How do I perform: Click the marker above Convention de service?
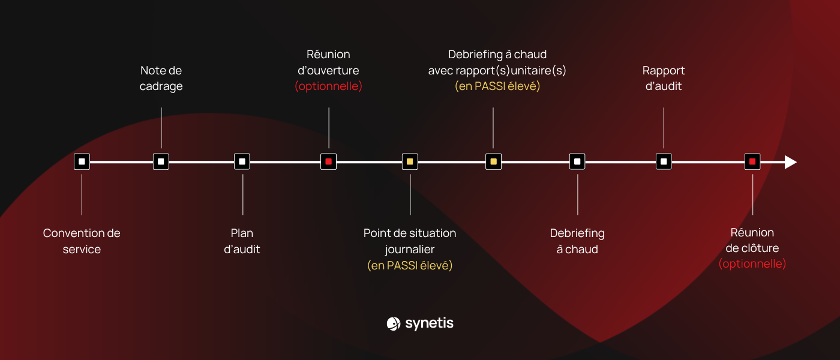82,161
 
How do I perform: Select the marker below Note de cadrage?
161,161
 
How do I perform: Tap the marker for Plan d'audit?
242,161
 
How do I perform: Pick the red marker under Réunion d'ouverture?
329,161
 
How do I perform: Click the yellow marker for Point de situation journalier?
410,161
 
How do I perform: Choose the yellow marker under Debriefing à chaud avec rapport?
493,161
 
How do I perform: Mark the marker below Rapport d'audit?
664,161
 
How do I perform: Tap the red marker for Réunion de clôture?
752,161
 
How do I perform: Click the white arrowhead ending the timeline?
791,162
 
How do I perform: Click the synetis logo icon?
394,323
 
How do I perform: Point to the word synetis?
430,323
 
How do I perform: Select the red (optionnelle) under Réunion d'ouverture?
329,86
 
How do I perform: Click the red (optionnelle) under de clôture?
752,263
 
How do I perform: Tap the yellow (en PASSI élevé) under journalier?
410,265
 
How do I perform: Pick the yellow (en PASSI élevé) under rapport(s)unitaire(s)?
497,86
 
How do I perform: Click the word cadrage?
161,86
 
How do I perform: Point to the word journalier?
410,250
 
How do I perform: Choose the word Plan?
242,233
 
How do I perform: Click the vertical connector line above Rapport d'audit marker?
664,128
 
